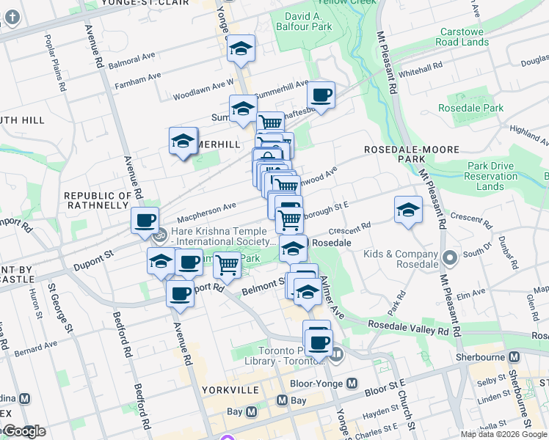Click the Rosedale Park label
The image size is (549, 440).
click(x=481, y=108)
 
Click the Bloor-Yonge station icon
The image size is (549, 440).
click(x=352, y=383)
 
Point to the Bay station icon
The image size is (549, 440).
click(x=282, y=400)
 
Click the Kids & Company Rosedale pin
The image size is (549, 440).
click(x=450, y=258)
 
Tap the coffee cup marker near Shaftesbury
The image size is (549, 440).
click(x=321, y=95)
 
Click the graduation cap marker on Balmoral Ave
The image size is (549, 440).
click(x=240, y=49)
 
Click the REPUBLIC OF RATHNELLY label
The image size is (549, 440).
click(x=97, y=200)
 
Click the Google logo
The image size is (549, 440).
click(x=24, y=431)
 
